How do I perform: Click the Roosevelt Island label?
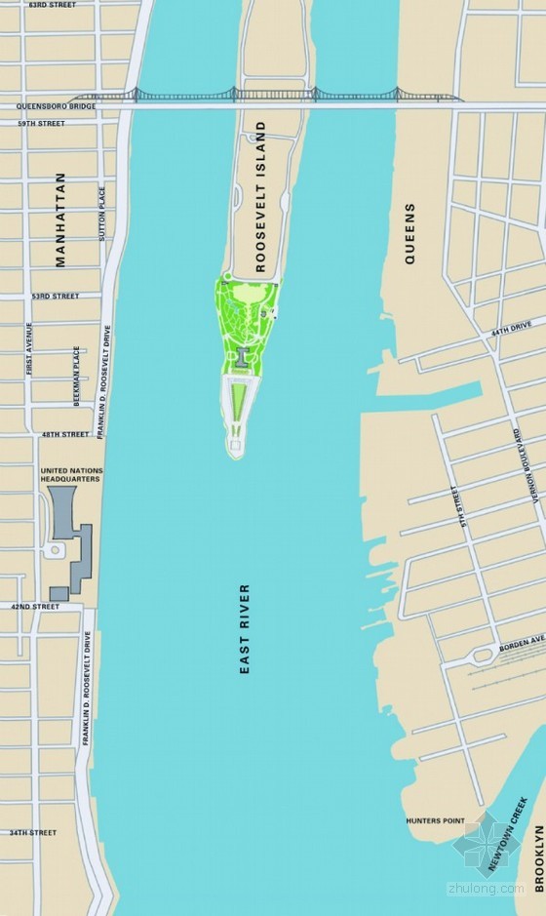(260, 197)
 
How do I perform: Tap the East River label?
(245, 629)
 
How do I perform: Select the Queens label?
(409, 233)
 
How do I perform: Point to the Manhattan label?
(60, 219)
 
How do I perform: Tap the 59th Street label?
(41, 124)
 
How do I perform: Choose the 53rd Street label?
(55, 296)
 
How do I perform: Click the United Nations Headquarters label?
(71, 475)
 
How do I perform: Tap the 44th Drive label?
(511, 333)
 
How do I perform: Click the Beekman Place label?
(76, 377)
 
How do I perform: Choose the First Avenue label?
(30, 348)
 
